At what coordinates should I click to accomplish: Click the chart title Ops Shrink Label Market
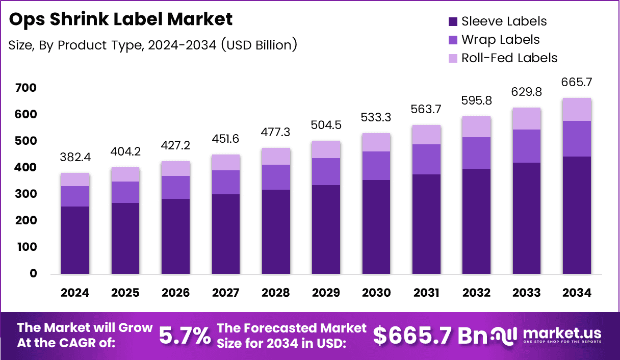120,19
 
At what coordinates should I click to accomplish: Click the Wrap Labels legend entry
500,40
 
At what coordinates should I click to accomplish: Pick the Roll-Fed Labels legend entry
509,58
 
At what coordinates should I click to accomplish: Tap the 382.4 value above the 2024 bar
74,157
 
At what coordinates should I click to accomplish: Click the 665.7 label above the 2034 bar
577,82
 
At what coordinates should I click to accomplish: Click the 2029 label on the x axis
325,293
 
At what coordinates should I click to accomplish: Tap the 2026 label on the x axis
175,293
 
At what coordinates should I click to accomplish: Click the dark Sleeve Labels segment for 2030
376,227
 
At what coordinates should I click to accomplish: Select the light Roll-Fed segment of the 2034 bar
577,109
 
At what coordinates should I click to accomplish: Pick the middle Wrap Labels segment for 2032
476,153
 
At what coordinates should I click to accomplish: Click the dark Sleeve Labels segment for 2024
74,240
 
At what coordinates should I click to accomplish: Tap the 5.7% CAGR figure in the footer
185,336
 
